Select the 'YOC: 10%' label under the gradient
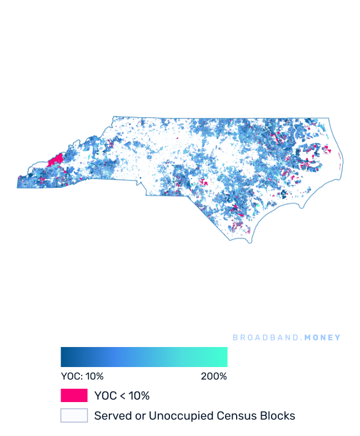point(82,376)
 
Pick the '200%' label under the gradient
point(214,376)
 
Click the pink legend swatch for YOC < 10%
point(74,395)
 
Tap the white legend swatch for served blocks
point(74,415)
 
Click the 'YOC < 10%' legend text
point(122,396)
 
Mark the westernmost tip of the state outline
point(17,187)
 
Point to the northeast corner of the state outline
point(329,118)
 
